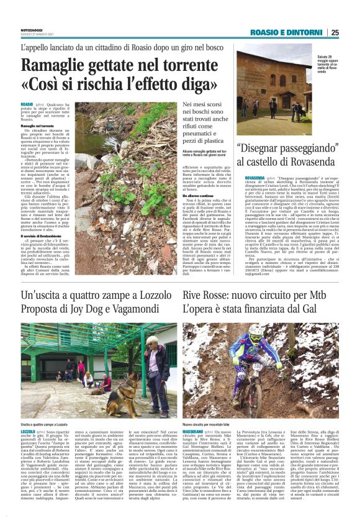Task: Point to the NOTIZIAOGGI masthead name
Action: pyautogui.click(x=32, y=30)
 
